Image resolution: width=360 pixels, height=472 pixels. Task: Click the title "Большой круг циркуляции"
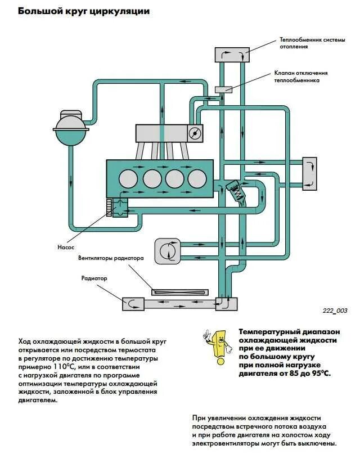point(84,11)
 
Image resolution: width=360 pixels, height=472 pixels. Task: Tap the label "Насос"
point(66,247)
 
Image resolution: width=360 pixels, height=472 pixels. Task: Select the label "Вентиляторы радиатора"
point(111,259)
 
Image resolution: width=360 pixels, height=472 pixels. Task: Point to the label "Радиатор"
point(94,278)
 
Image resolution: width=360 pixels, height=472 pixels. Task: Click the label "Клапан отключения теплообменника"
point(300,77)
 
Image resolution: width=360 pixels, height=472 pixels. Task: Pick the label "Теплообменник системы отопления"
point(304,43)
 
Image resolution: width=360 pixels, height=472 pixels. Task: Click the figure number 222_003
point(335,311)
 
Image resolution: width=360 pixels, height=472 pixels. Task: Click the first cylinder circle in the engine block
point(128,178)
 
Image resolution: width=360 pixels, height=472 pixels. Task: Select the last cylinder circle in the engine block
point(196,178)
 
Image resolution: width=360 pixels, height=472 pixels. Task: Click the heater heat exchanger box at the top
point(232,55)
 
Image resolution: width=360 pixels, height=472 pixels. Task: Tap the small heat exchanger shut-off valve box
point(223,89)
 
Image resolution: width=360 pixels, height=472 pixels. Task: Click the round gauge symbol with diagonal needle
point(195,133)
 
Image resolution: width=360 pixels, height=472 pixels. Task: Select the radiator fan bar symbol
point(180,291)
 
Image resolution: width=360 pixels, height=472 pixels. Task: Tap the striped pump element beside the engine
point(109,207)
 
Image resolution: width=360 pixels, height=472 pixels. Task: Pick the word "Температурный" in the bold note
point(269,331)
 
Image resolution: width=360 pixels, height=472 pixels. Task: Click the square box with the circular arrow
point(167,250)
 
